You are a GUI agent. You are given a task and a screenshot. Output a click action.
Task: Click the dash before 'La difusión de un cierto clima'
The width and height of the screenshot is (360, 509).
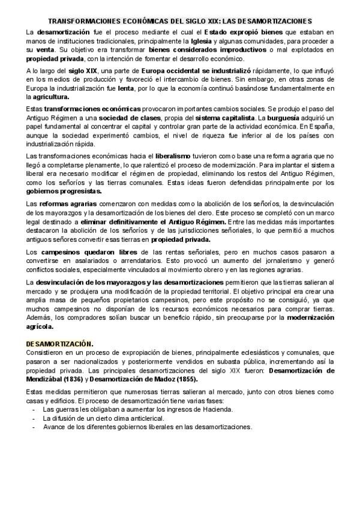coord(34,418)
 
